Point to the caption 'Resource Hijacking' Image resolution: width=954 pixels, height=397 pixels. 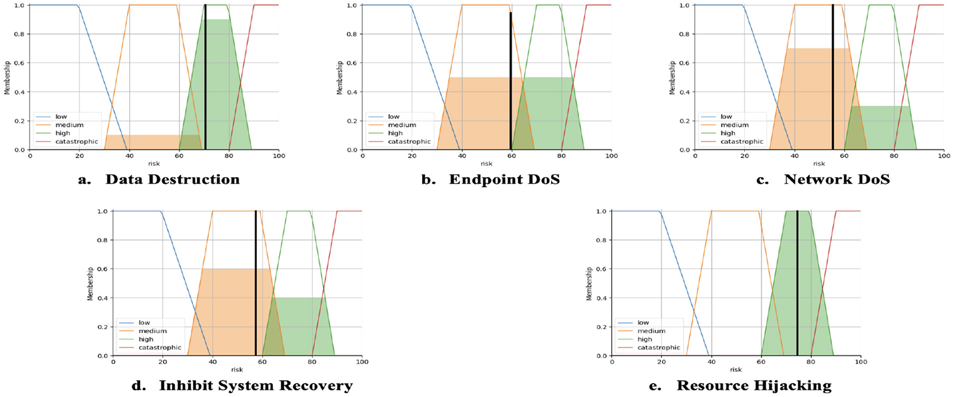(x=754, y=386)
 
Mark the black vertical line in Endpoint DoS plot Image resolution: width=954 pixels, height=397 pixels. (x=510, y=81)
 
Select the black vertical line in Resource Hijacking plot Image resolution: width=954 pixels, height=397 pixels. (x=797, y=285)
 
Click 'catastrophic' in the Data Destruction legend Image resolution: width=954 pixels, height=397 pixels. (x=76, y=141)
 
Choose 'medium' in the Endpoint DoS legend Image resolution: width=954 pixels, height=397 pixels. (x=402, y=125)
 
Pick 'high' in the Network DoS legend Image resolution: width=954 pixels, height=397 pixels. (x=728, y=133)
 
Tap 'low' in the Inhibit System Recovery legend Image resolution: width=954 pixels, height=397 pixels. (x=144, y=323)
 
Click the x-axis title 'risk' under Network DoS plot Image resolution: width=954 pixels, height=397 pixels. (x=819, y=164)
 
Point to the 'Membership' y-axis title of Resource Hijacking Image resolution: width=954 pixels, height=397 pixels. (x=589, y=283)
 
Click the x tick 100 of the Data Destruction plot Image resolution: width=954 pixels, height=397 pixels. (x=278, y=156)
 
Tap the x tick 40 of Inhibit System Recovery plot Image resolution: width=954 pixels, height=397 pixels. (x=213, y=362)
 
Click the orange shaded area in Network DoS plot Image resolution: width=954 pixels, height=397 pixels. (x=808, y=97)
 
